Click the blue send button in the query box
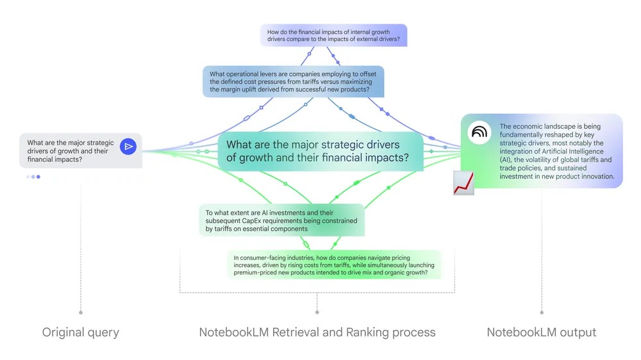click(x=128, y=147)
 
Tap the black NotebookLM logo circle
click(x=478, y=131)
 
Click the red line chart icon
click(x=463, y=183)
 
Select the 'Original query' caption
click(x=81, y=332)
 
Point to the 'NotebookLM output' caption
click(x=542, y=332)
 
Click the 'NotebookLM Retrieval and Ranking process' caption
click(x=317, y=332)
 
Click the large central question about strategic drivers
click(x=317, y=151)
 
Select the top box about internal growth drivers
click(x=333, y=35)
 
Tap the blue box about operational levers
click(x=293, y=81)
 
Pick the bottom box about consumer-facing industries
click(x=333, y=264)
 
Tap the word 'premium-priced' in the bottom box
click(x=260, y=273)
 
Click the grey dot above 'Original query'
click(x=81, y=313)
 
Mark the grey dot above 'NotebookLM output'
click(x=542, y=313)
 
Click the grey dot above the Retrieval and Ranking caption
click(x=317, y=313)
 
